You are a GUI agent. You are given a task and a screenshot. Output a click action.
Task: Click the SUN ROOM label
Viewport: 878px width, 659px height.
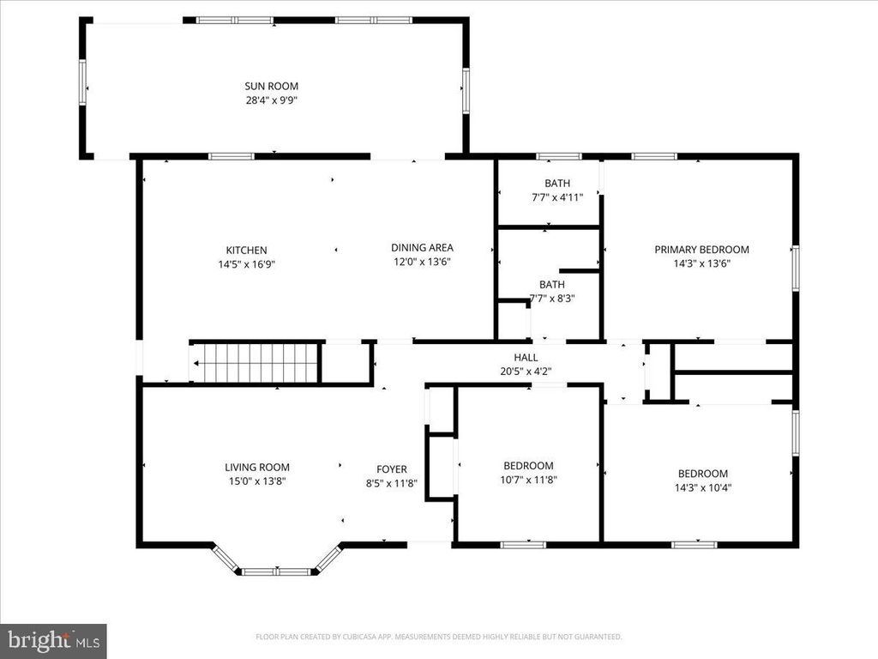point(271,86)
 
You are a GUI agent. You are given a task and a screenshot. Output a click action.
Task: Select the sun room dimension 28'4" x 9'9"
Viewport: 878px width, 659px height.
point(271,100)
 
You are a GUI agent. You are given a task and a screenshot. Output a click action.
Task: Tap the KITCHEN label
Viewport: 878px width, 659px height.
point(246,251)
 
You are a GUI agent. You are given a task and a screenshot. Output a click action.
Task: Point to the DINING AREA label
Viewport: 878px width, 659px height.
point(422,248)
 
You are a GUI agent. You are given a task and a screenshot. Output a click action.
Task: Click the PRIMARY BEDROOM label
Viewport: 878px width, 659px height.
point(701,250)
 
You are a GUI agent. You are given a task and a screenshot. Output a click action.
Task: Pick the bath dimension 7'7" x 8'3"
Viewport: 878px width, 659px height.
point(552,299)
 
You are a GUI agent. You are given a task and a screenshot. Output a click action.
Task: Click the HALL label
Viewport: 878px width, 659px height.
point(526,358)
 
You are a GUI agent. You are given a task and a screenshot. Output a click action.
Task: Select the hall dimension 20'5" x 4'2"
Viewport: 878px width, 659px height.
point(526,372)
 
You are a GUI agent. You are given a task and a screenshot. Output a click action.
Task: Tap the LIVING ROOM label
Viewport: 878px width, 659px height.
point(257,468)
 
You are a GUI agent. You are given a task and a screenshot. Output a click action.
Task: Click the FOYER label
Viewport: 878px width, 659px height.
point(392,469)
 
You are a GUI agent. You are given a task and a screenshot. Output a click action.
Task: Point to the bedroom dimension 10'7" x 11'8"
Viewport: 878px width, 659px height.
point(528,480)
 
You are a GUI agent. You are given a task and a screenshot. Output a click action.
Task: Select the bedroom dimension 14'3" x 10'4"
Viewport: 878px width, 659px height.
point(702,487)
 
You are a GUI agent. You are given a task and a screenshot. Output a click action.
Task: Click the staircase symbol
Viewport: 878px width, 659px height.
point(256,363)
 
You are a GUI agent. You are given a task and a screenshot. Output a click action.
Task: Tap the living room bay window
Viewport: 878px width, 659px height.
point(276,570)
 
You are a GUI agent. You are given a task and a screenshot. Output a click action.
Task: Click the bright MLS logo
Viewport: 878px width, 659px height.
point(52,640)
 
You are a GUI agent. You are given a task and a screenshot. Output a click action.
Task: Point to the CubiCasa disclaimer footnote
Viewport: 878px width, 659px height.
point(438,637)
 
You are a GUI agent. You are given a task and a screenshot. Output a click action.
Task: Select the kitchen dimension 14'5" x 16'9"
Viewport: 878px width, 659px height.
point(246,264)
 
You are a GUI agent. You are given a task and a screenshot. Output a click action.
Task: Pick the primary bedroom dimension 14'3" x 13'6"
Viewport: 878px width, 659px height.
point(701,264)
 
